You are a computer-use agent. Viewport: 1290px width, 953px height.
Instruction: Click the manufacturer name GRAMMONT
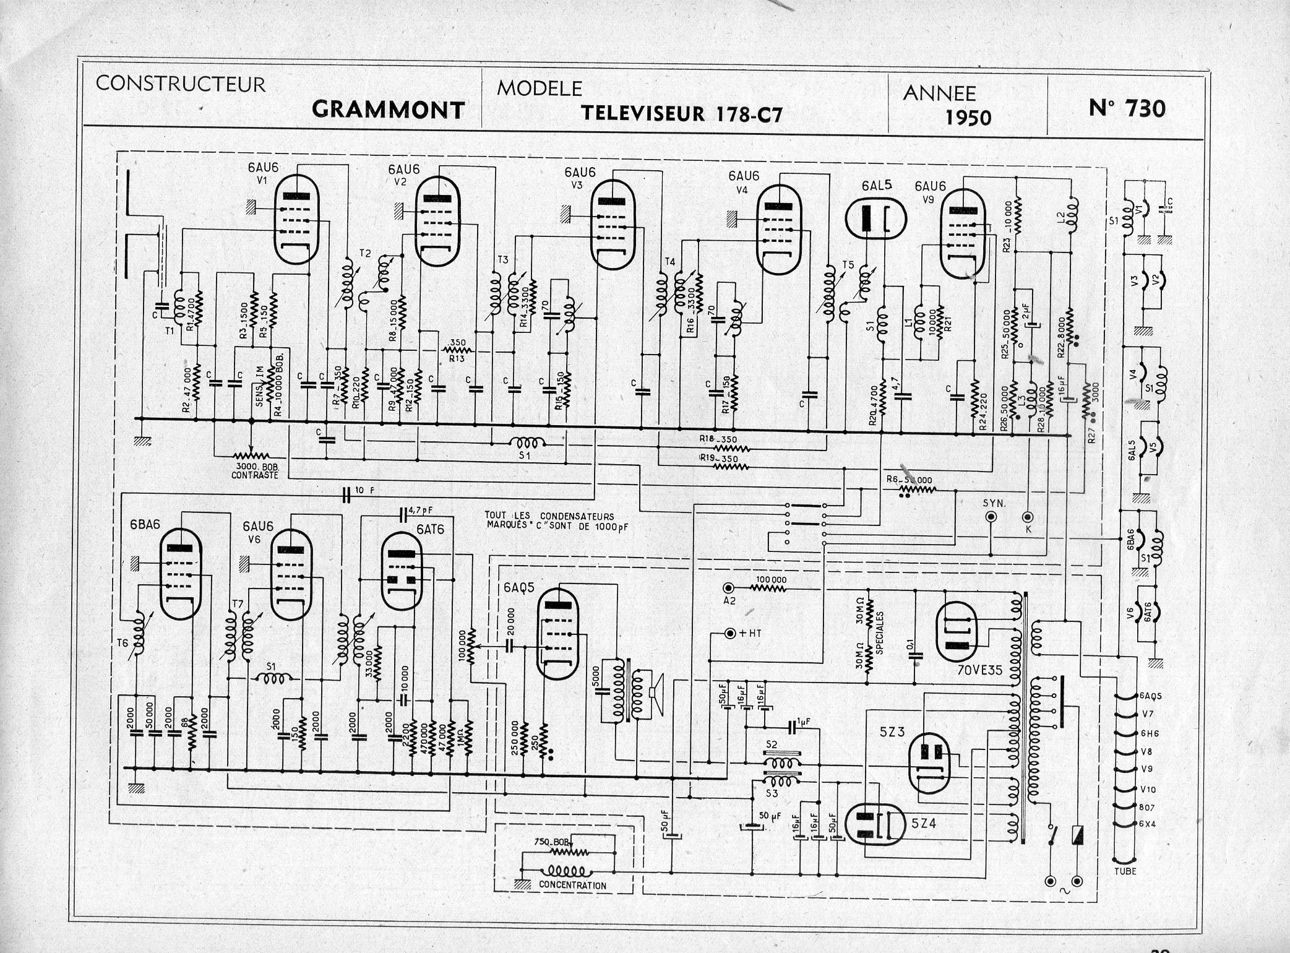[388, 110]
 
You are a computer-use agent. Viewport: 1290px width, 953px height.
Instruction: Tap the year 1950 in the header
[968, 118]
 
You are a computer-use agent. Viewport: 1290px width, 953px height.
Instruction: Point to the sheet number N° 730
[1127, 109]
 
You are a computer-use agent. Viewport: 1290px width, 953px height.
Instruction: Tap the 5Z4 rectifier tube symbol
[874, 825]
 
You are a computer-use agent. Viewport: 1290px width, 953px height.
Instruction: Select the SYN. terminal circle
[991, 517]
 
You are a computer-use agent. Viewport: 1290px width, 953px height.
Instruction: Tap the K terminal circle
[1028, 516]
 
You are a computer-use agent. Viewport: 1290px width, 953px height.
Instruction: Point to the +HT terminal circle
[729, 634]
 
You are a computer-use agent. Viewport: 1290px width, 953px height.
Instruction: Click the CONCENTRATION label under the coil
[572, 886]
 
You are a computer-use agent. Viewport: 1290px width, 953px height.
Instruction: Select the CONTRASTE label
[256, 475]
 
